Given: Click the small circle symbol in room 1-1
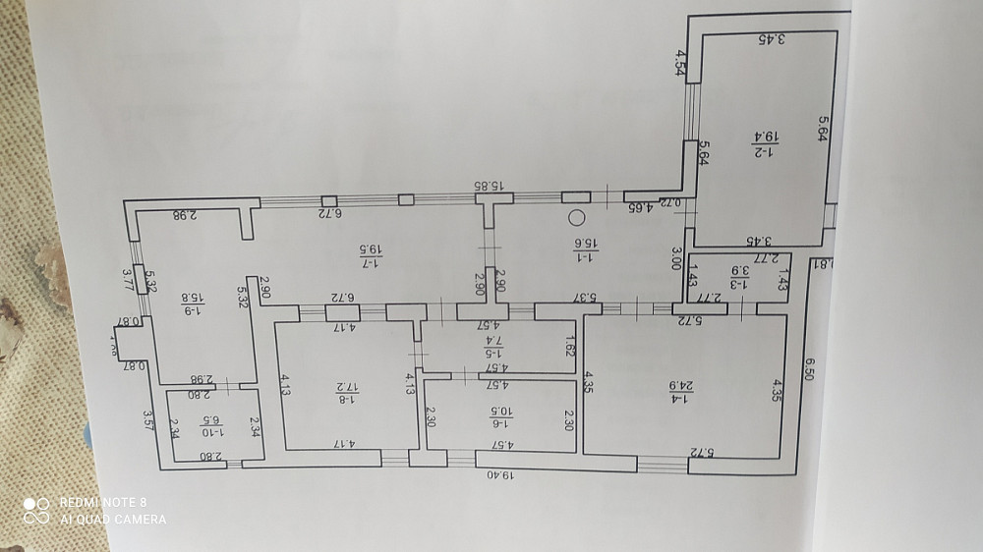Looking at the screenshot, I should pos(577,218).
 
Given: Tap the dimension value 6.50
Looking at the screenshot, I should pos(810,373).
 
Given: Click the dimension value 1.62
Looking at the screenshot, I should pos(569,346).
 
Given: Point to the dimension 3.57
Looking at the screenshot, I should pos(147,423).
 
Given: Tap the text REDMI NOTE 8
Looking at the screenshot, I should pos(105,502).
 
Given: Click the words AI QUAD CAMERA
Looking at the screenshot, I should pos(113,519).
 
